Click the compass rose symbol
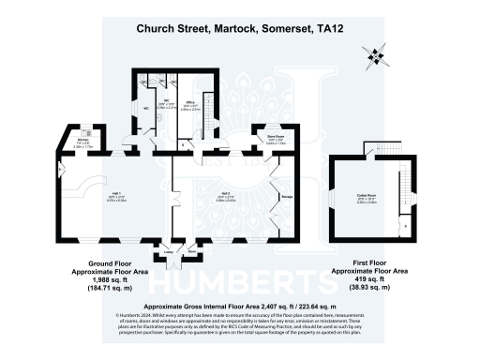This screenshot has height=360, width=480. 378,56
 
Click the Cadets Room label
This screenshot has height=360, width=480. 361,195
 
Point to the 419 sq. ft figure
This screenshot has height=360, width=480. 372,279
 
